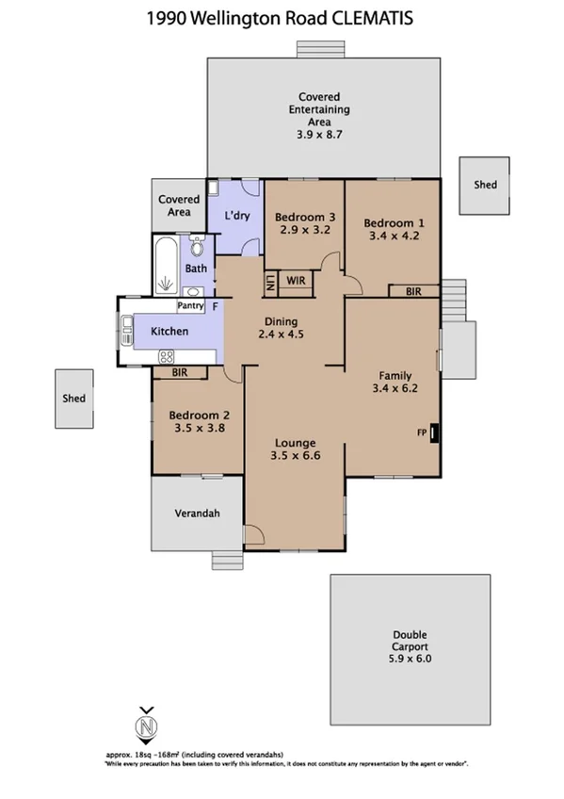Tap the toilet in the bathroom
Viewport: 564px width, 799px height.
click(x=197, y=248)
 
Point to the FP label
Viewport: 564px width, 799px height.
click(x=422, y=432)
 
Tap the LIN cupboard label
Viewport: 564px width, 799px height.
click(x=269, y=280)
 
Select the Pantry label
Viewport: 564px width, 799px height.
click(x=191, y=306)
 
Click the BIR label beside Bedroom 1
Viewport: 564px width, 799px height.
click(x=413, y=292)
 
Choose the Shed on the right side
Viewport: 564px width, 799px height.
click(x=485, y=185)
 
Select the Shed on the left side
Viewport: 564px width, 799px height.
click(x=73, y=399)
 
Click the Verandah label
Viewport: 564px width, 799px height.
click(x=197, y=514)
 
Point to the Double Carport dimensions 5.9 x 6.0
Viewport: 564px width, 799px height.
click(x=410, y=660)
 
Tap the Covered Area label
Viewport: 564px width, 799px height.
click(x=178, y=205)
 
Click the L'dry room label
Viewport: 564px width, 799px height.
click(x=237, y=216)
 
